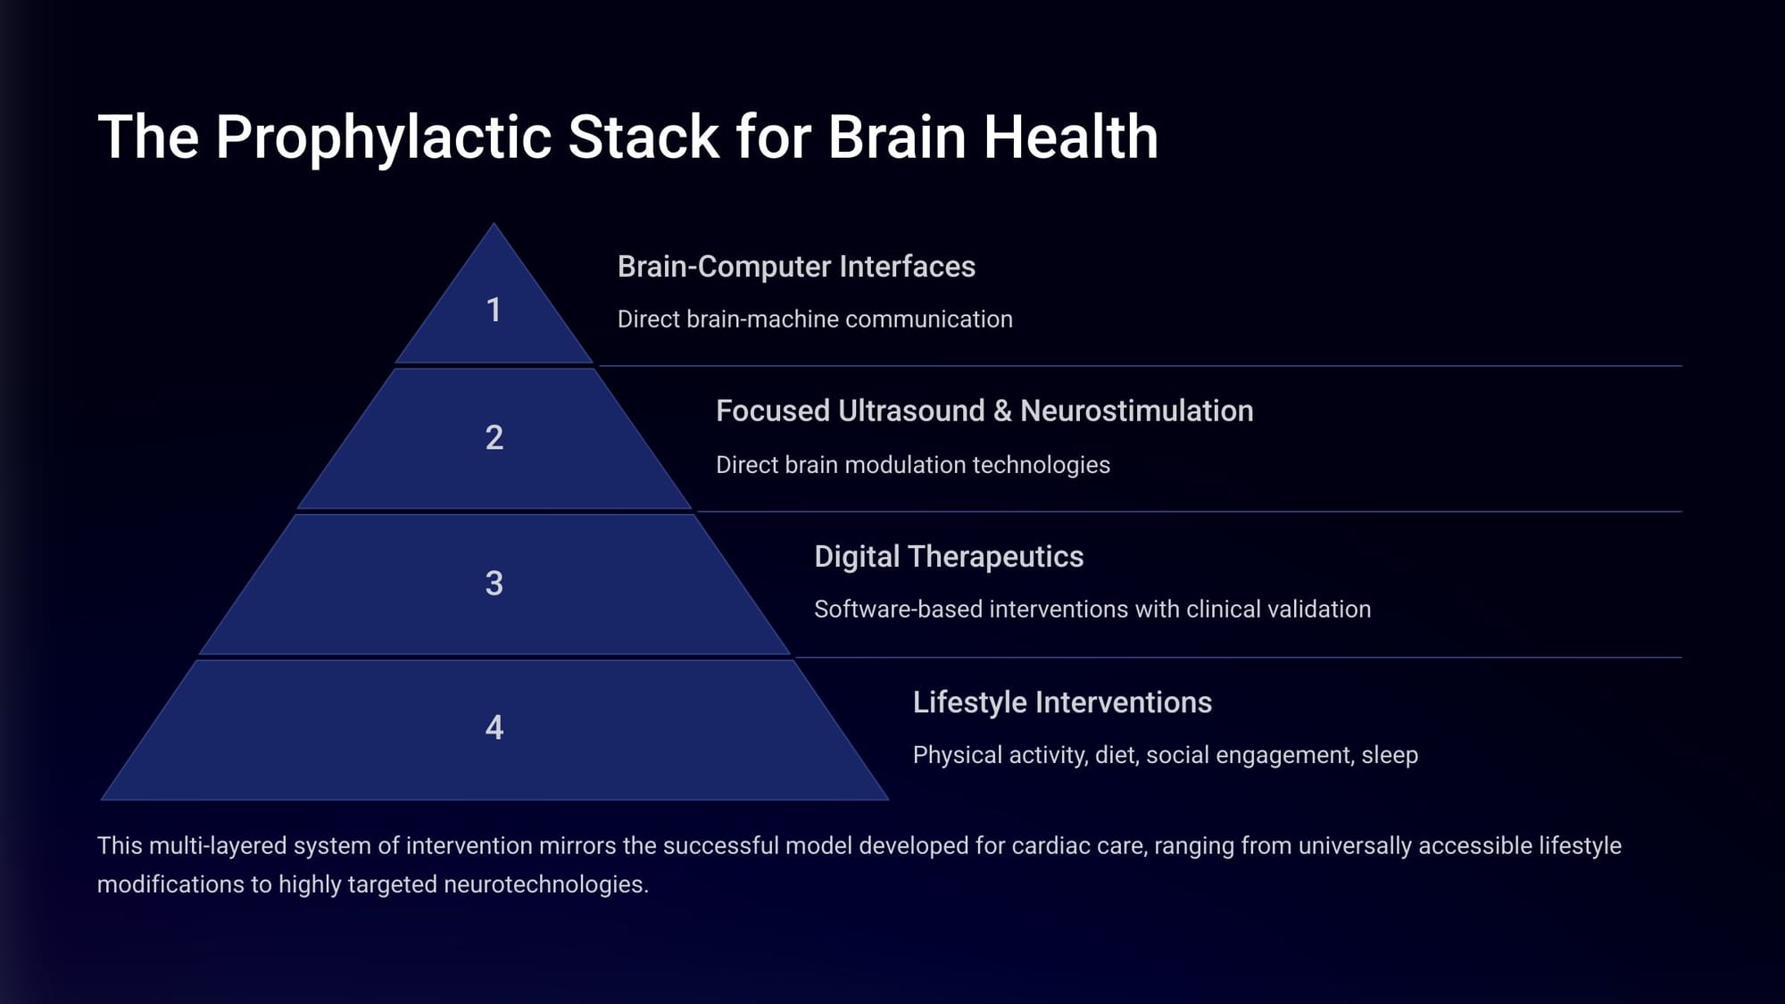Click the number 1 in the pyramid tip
pyautogui.click(x=494, y=310)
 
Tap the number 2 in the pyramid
pyautogui.click(x=494, y=437)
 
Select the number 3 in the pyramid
pyautogui.click(x=494, y=584)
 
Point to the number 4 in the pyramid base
pyautogui.click(x=494, y=728)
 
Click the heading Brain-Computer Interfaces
pyautogui.click(x=796, y=267)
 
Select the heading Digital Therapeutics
pyautogui.click(x=949, y=557)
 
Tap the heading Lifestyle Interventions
pyautogui.click(x=1062, y=702)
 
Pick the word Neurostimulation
pyautogui.click(x=1137, y=411)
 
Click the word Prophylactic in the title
pyautogui.click(x=383, y=137)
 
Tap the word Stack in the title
pyautogui.click(x=643, y=137)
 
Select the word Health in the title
pyautogui.click(x=1071, y=137)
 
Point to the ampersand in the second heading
pyautogui.click(x=1002, y=411)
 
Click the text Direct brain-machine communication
pyautogui.click(x=815, y=319)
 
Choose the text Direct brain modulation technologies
pyautogui.click(x=913, y=465)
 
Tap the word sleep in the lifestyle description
pyautogui.click(x=1390, y=756)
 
